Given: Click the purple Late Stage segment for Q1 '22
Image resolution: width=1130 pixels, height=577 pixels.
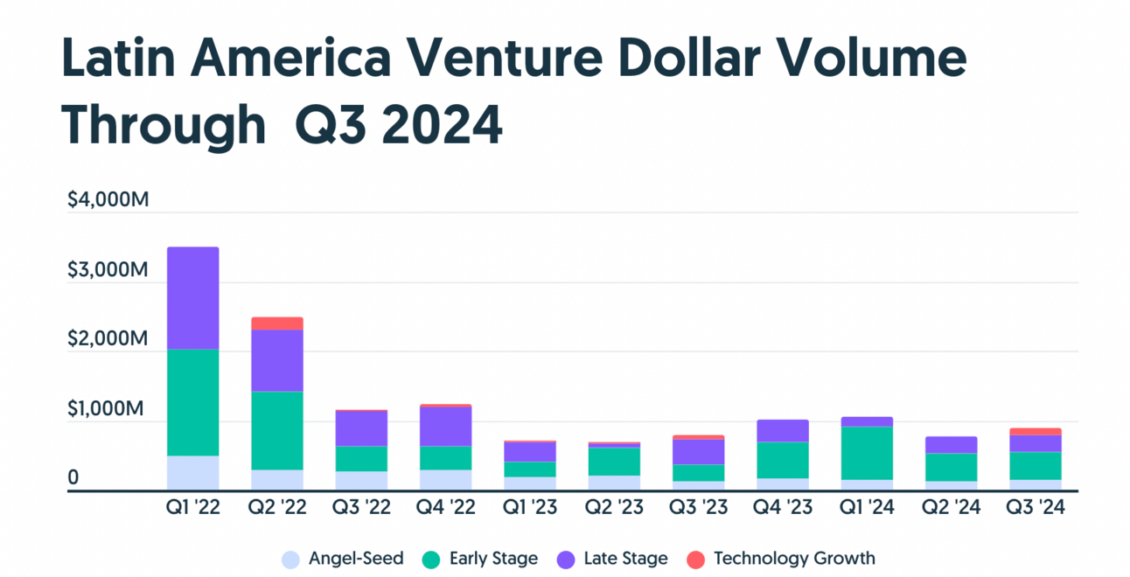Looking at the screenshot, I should point(192,298).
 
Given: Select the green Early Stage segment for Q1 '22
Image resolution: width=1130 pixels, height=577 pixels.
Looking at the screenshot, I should point(192,402).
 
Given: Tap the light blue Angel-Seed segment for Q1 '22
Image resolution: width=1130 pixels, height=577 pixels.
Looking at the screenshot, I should point(192,473).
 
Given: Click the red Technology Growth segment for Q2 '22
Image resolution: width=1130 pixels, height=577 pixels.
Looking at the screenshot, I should point(277,323).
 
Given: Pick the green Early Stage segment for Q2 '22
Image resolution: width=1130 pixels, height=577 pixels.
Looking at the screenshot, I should point(277,430).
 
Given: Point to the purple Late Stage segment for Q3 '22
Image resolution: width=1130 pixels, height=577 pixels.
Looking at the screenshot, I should point(361,428).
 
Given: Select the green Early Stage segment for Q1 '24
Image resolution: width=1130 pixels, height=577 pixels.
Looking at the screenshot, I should point(867,453).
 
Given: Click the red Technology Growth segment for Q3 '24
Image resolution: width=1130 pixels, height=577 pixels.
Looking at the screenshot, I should point(1036,431).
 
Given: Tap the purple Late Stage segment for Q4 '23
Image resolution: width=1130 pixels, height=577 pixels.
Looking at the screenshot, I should point(783,431).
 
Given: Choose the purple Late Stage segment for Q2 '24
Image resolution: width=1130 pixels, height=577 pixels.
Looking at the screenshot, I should point(952,445).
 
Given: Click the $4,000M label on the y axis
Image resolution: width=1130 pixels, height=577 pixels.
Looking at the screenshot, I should point(108,200).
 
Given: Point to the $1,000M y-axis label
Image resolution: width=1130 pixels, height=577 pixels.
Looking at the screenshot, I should point(108,409).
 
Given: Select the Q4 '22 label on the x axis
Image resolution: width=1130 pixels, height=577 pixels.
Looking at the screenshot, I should point(445,508).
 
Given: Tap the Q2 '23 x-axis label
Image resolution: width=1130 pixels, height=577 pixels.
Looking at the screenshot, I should point(614,508).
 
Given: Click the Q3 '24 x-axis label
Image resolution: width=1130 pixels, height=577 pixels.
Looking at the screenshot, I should point(1036,508).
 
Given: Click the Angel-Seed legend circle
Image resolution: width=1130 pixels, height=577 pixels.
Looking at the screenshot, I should point(291,560).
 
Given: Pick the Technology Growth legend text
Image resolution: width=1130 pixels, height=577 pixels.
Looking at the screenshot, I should point(794,559).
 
